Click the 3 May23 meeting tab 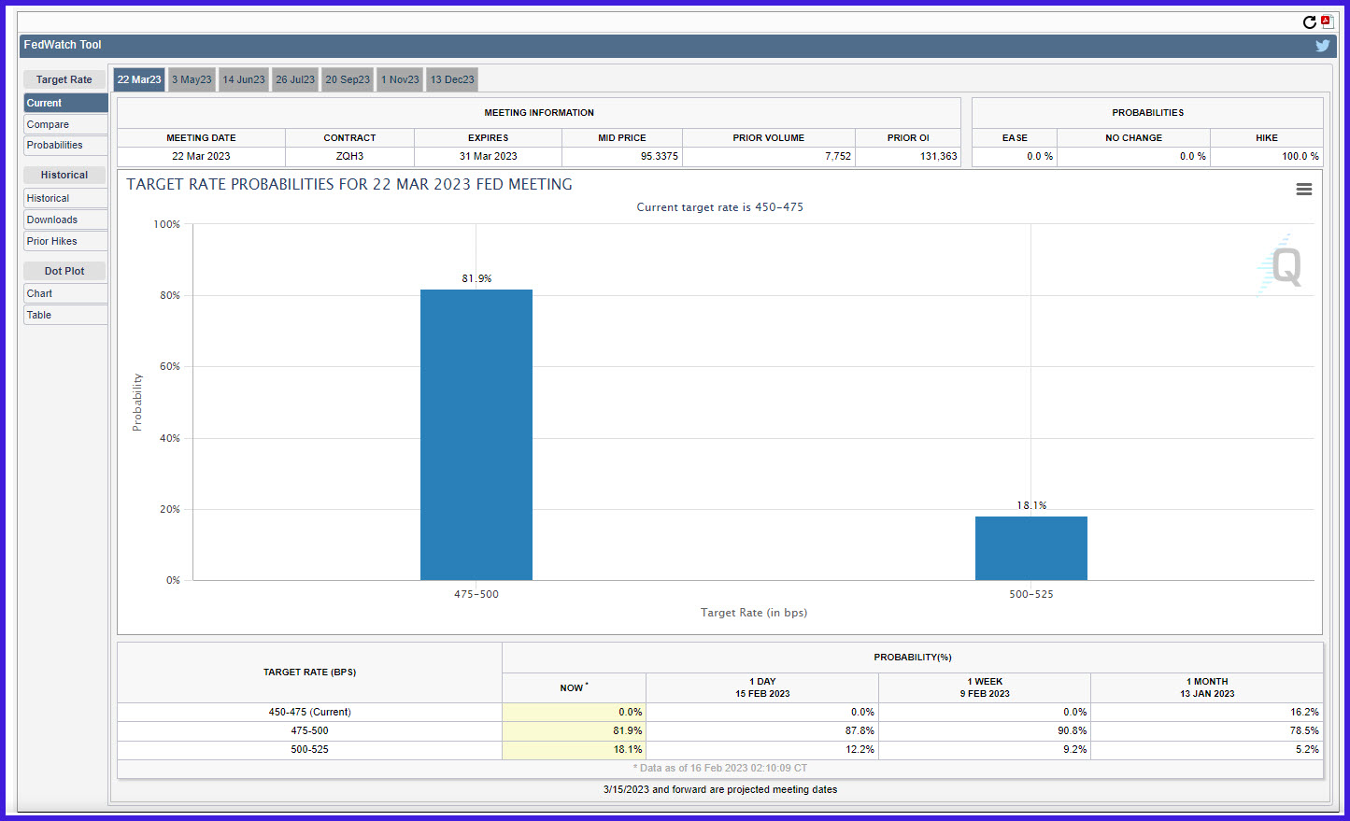tap(192, 79)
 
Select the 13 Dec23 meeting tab tap(452, 79)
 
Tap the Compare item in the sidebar tap(65, 124)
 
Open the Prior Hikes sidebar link tap(65, 241)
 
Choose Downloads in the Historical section tap(65, 219)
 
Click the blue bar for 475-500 tap(476, 435)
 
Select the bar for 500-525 tap(1031, 548)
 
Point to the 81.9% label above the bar tap(476, 278)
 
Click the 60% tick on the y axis tap(170, 366)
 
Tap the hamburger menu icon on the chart tap(1303, 189)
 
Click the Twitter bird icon tap(1322, 46)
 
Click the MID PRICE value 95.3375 tap(660, 156)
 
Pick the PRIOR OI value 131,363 tap(938, 156)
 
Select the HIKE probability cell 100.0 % tap(1300, 156)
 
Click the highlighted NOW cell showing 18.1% tap(575, 749)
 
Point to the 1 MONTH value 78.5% tap(1304, 730)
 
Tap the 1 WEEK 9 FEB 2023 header tap(985, 687)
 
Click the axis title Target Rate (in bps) tap(753, 613)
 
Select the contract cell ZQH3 tap(349, 156)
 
